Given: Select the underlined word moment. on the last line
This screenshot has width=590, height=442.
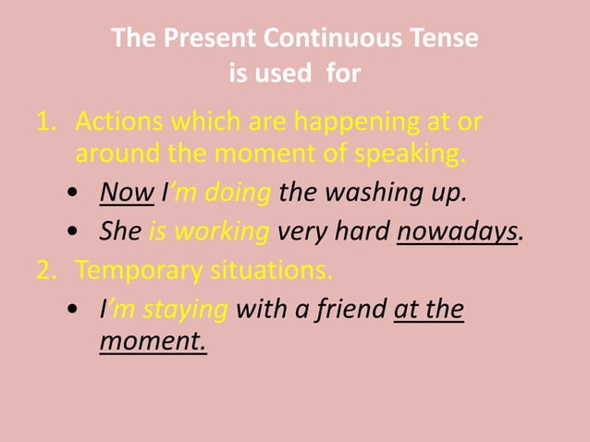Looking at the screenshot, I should (153, 342).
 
